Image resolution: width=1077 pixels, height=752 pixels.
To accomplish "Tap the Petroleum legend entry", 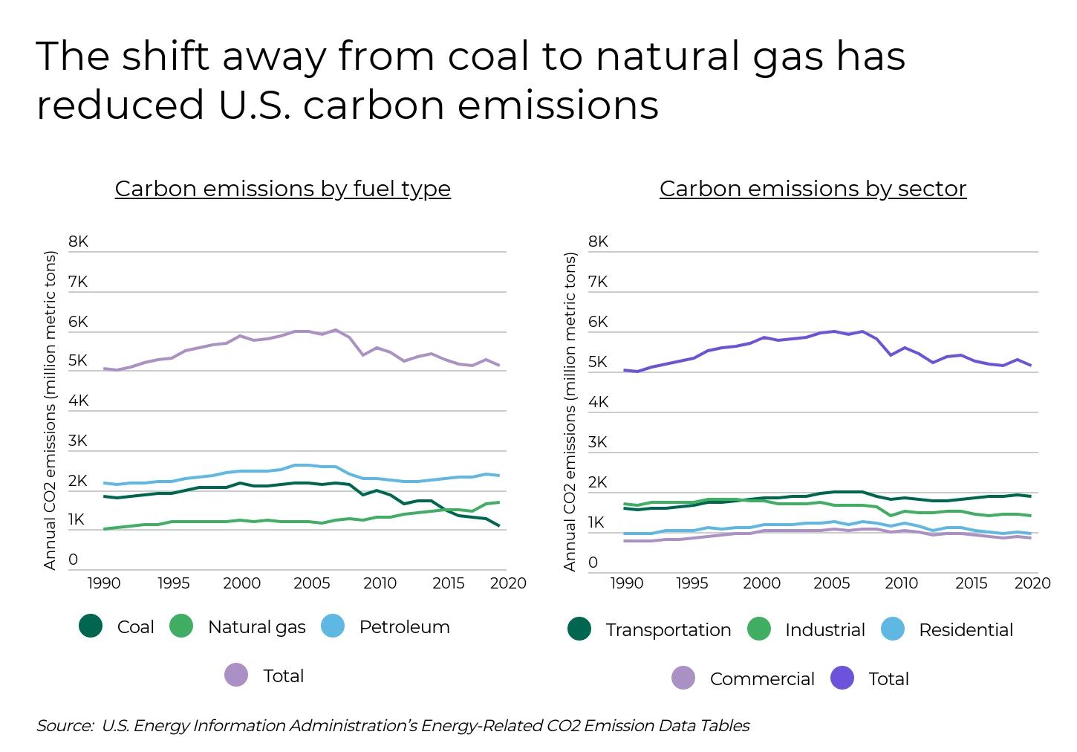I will pyautogui.click(x=386, y=626).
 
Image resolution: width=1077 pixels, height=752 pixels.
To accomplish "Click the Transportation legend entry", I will pyautogui.click(x=650, y=629).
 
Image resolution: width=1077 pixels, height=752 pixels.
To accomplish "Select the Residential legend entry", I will pyautogui.click(x=948, y=629).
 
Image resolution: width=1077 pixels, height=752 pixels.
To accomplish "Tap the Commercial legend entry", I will pyautogui.click(x=744, y=678).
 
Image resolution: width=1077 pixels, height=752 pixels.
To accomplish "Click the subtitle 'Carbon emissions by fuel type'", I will pyautogui.click(x=282, y=189).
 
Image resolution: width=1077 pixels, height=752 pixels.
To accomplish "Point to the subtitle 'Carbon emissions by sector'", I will pyautogui.click(x=813, y=189).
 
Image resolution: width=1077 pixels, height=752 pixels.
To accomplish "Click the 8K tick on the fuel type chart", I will pyautogui.click(x=78, y=242).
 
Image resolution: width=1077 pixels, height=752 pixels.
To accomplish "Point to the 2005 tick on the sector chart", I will pyautogui.click(x=831, y=583).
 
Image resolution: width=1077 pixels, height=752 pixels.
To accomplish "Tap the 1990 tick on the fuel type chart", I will pyautogui.click(x=104, y=583).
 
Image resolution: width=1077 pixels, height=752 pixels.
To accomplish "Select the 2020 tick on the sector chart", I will pyautogui.click(x=1032, y=583).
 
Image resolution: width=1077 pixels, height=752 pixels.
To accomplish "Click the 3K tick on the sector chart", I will pyautogui.click(x=598, y=442).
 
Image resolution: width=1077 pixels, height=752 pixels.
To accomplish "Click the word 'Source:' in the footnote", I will pyautogui.click(x=65, y=725).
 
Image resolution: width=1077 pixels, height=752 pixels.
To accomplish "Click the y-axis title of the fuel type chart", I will pyautogui.click(x=50, y=411).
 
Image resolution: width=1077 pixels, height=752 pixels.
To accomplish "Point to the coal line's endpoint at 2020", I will pyautogui.click(x=499, y=526).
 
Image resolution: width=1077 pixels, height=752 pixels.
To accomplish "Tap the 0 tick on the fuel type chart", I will pyautogui.click(x=73, y=560).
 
